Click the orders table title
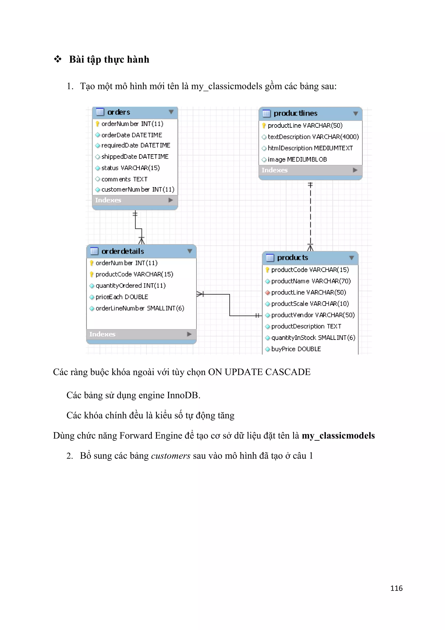[x=119, y=112]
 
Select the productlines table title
[x=295, y=113]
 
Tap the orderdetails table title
[x=123, y=251]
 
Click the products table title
[x=292, y=258]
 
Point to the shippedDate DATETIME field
[x=135, y=157]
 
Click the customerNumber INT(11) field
[x=138, y=190]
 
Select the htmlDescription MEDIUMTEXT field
[x=310, y=148]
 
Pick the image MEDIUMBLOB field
[x=297, y=159]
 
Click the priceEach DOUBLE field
[x=122, y=297]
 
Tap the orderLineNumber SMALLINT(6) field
[x=140, y=308]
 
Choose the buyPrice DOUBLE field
[x=296, y=349]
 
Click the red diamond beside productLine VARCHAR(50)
[x=267, y=293]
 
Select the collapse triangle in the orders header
[x=171, y=112]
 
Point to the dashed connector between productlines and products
[x=311, y=214]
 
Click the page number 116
[x=396, y=588]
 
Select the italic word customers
[x=170, y=456]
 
